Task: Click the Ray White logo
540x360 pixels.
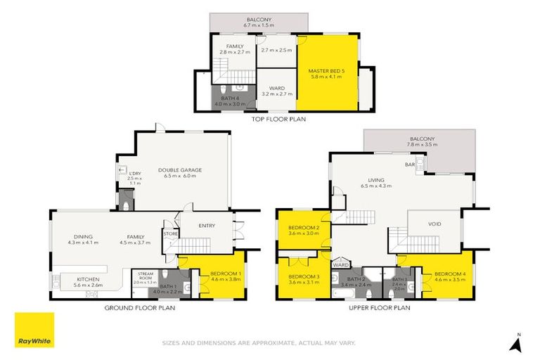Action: point(34,330)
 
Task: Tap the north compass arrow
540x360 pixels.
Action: point(517,344)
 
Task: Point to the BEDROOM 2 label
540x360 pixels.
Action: point(303,228)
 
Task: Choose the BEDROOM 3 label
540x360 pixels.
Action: point(303,276)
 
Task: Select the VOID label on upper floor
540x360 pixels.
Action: point(435,225)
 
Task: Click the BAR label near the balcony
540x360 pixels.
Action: point(409,165)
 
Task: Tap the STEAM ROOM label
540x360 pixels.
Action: point(146,275)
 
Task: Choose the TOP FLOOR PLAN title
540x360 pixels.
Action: point(280,119)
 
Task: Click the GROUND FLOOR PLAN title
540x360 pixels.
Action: point(140,307)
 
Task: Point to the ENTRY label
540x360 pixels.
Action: point(206,226)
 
